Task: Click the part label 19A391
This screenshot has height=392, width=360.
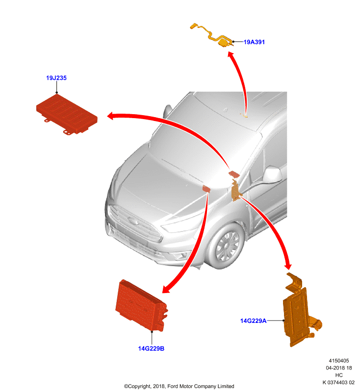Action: (x=254, y=42)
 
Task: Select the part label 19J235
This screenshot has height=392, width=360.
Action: (x=56, y=78)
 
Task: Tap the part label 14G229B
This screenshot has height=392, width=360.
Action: (x=151, y=348)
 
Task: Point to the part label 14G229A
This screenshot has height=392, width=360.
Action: (x=253, y=321)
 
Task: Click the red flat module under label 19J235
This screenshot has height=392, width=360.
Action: (x=67, y=114)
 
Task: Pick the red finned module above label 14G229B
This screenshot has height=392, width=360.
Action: (x=142, y=305)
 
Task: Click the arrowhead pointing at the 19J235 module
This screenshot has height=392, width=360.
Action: (x=111, y=116)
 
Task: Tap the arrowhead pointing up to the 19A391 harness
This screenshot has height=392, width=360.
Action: (x=231, y=55)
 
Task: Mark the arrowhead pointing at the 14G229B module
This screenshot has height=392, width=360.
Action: (x=166, y=289)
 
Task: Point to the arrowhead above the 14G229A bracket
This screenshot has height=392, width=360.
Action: (x=288, y=265)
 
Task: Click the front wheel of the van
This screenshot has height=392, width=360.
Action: (x=226, y=246)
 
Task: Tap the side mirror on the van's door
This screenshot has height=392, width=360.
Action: (x=272, y=174)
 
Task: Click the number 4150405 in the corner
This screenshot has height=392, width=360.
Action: (x=339, y=361)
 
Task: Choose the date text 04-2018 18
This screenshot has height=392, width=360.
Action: (x=339, y=368)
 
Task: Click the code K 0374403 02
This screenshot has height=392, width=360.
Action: (x=338, y=383)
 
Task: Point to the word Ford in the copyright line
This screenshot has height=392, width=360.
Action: (x=173, y=386)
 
